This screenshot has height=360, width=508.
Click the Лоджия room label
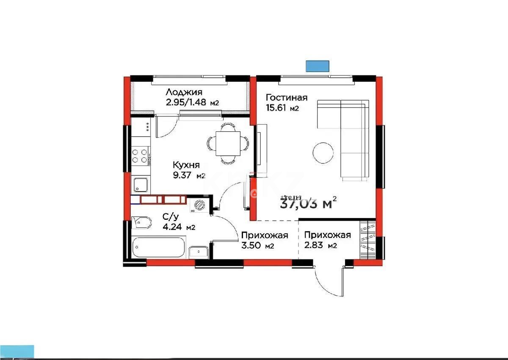coord(184,92)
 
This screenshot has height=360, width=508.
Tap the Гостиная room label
coord(286,97)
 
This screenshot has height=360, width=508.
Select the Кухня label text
coord(185,165)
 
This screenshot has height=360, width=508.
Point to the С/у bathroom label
coord(170,217)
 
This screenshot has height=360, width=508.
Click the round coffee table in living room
coord(323,151)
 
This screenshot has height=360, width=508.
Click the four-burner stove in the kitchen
coord(140,155)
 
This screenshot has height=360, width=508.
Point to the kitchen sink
coord(140,185)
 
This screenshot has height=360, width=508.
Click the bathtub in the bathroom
coord(158,247)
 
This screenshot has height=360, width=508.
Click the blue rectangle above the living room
coord(317,66)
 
